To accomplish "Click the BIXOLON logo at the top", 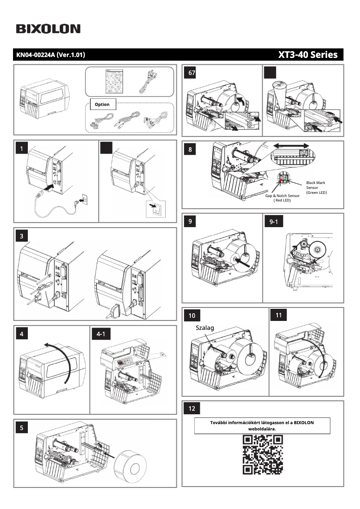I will coord(48,29).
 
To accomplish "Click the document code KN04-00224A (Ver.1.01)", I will coord(51,55).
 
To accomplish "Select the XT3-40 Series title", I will coord(307,55).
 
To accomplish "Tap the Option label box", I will coord(102,104).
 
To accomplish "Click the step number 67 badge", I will coord(192,73).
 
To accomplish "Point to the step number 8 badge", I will coord(190,149).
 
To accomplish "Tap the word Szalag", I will coord(205,328).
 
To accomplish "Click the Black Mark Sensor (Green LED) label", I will coord(316,188).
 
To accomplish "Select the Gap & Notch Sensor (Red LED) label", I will coord(282,198).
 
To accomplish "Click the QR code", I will coord(263,455).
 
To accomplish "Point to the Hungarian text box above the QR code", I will coord(262,426).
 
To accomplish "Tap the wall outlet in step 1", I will coord(82,198).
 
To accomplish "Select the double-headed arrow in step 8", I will coord(291,146).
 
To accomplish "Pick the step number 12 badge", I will coord(192,408).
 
